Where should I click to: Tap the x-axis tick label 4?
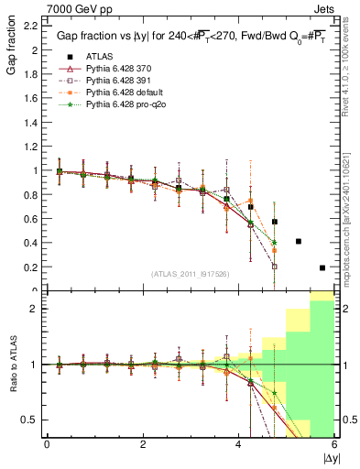239,444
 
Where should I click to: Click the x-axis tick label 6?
334,444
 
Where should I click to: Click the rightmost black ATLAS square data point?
322,267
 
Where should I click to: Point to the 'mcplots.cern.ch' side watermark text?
349,229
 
